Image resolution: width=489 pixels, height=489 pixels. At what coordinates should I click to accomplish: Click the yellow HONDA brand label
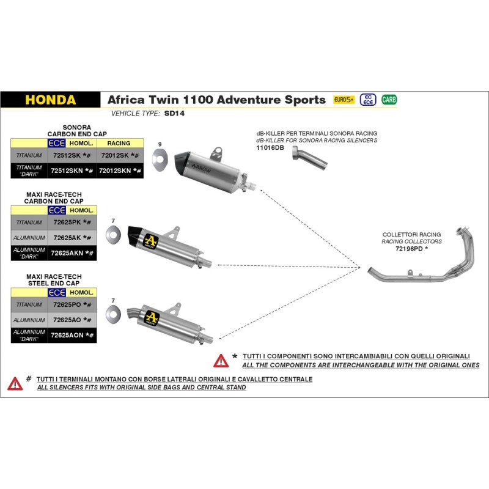pos(51,100)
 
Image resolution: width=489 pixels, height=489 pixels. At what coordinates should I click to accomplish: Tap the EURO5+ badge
pos(344,99)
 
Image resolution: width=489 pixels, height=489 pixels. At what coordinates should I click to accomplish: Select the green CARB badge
pos(388,99)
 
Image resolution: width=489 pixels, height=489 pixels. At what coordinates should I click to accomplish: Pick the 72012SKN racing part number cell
pos(120,171)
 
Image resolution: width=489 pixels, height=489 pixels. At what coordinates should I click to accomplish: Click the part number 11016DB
pos(270,147)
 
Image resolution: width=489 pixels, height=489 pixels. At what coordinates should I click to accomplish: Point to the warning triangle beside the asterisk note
pos(221,361)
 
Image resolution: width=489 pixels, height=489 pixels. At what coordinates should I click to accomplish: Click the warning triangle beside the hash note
pos(15,383)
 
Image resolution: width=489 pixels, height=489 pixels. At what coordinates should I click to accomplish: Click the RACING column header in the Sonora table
pos(119,143)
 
